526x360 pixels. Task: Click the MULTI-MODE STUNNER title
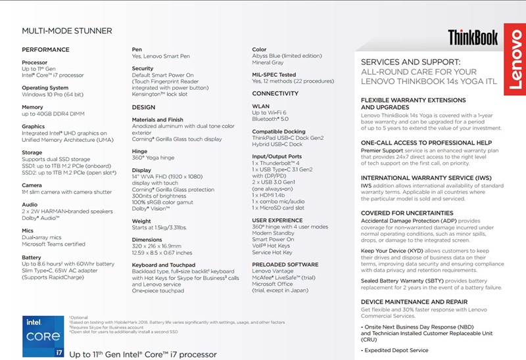tap(67, 31)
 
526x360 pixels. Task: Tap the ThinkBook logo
tap(473, 37)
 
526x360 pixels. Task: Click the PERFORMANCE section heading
tap(45, 49)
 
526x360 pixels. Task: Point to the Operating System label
tap(45, 87)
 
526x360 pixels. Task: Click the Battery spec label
tap(32, 258)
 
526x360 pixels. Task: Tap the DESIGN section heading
tap(143, 107)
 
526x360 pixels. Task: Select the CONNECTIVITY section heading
tap(275, 93)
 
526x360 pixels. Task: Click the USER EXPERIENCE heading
tap(277, 220)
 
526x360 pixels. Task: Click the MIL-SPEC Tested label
tap(274, 75)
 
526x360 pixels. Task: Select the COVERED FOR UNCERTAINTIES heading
tap(408, 214)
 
